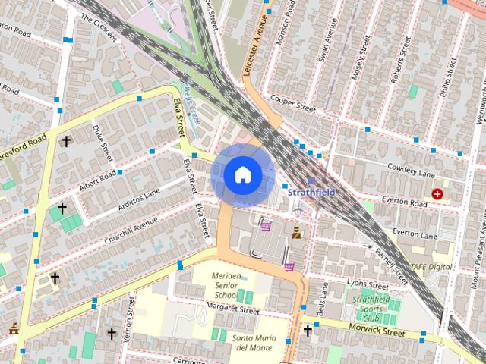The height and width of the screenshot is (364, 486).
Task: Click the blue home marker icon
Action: click(x=242, y=174)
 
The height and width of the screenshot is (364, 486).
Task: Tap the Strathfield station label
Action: click(x=311, y=193)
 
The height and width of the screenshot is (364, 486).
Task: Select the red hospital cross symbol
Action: click(x=437, y=194)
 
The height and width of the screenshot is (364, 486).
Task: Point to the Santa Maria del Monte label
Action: click(x=254, y=343)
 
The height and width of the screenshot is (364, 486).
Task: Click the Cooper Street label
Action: click(x=293, y=104)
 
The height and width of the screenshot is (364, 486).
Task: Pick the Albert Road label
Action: click(x=96, y=182)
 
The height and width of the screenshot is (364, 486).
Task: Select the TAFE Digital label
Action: click(x=431, y=267)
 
